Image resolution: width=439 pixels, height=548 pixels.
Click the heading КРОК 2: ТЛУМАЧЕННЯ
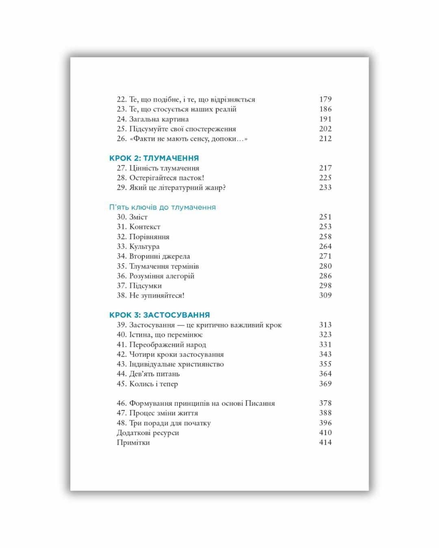click(x=154, y=158)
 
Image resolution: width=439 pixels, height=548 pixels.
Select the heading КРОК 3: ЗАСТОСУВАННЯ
click(x=159, y=315)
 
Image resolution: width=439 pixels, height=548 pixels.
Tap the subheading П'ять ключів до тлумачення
click(x=162, y=207)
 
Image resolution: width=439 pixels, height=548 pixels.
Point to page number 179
click(x=325, y=99)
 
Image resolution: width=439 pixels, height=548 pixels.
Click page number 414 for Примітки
click(x=325, y=442)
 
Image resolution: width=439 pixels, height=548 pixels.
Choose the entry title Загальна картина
click(x=159, y=119)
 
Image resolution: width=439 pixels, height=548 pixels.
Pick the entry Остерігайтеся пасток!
click(x=167, y=178)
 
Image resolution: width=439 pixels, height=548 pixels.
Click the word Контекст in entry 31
click(x=145, y=227)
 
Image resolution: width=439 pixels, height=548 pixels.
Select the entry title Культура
click(x=144, y=246)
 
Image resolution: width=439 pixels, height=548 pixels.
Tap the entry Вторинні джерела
click(x=159, y=256)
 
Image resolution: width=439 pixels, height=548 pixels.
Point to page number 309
click(x=325, y=296)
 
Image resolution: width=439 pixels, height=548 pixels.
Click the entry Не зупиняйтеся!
click(x=156, y=296)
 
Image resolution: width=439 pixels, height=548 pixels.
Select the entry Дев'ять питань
click(x=154, y=374)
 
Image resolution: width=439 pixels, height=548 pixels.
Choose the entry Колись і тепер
click(x=153, y=384)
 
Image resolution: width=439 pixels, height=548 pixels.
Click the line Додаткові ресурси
click(x=148, y=433)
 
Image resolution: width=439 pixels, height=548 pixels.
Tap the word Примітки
click(x=133, y=442)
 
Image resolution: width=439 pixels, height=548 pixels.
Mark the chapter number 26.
click(x=122, y=138)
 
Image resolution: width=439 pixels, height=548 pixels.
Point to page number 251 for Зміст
click(x=325, y=217)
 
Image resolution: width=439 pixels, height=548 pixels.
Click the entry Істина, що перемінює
click(x=166, y=334)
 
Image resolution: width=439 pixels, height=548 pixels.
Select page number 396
click(x=325, y=423)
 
